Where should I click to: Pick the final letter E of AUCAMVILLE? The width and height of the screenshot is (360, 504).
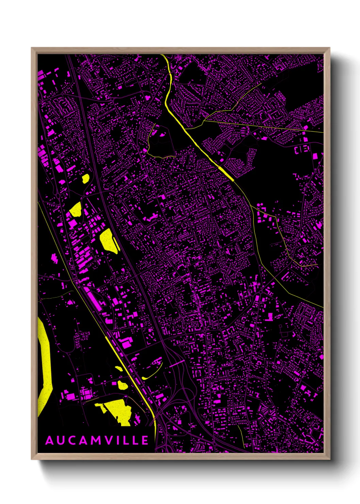point(145,441)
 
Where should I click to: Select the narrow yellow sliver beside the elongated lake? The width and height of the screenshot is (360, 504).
point(116,244)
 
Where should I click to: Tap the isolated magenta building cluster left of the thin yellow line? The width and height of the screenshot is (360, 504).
point(54,258)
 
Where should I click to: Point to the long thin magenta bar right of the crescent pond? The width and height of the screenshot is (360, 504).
point(177,363)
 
